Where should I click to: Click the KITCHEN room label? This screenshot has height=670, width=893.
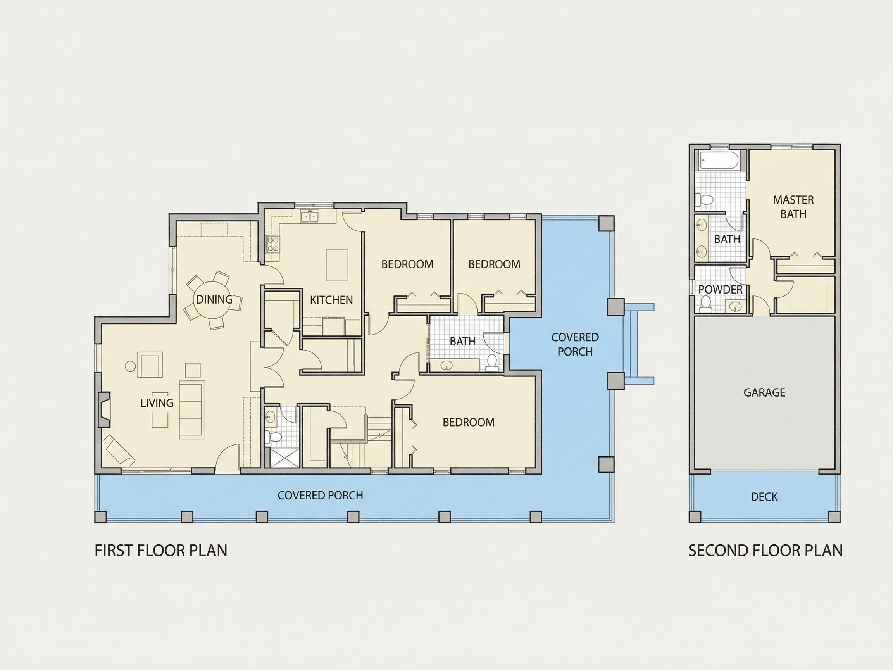coord(331,300)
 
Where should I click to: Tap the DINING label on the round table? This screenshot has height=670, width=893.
coord(214,299)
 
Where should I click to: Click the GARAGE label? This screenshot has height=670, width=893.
coord(764,392)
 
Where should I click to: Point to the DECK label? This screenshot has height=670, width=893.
coord(764,497)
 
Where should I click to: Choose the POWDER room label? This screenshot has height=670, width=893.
coord(720,290)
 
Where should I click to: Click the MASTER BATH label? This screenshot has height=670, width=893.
coord(793,207)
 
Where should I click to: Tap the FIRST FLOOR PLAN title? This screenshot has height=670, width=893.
coord(161,551)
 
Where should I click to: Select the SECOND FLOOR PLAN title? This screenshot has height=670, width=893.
coord(765,551)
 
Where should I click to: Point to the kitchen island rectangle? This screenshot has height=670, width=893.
coord(337,265)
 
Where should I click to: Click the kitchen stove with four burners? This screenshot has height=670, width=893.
coord(273,244)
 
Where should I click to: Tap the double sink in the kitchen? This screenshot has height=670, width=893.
coord(310,217)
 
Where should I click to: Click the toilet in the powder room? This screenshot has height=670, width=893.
coord(706,304)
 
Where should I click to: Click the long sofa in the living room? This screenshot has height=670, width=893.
coord(192,409)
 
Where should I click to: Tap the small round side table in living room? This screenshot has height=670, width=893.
coord(130,366)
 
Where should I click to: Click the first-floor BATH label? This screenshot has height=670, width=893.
coord(462,341)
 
